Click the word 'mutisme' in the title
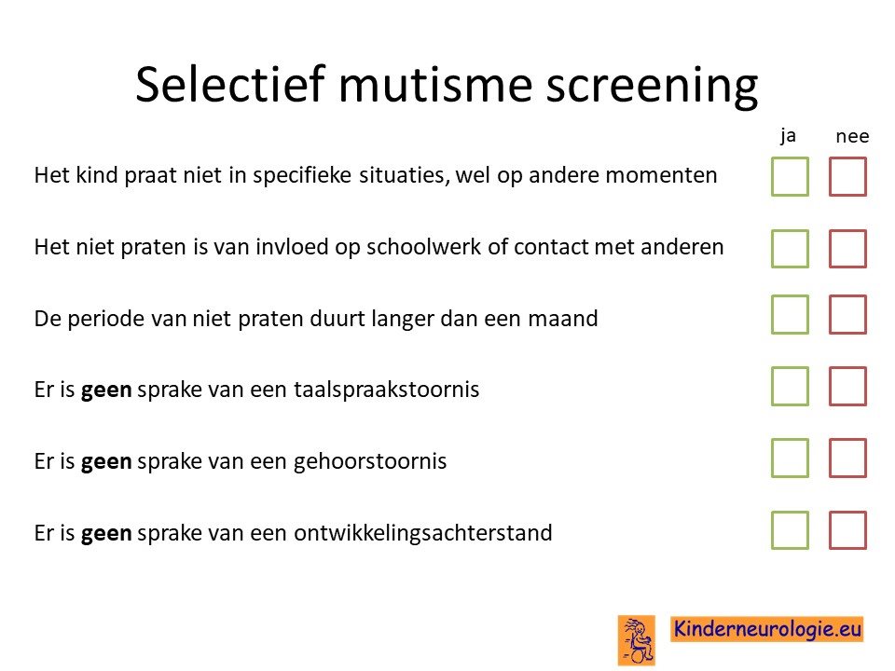436,85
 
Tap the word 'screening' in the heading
652,86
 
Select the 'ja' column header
789,136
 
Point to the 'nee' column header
852,136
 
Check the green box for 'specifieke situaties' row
790,158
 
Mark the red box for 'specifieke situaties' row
847,158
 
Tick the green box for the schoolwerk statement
790,230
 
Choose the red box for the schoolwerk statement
847,230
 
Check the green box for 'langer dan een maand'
790,296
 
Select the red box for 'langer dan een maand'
847,296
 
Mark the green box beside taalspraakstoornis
790,368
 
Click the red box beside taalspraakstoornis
847,368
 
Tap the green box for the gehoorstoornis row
790,440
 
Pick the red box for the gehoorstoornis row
847,440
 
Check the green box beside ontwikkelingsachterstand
790,513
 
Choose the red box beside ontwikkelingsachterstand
847,513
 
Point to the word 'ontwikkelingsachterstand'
423,533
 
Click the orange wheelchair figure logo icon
637,640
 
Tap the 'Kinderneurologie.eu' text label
767,629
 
